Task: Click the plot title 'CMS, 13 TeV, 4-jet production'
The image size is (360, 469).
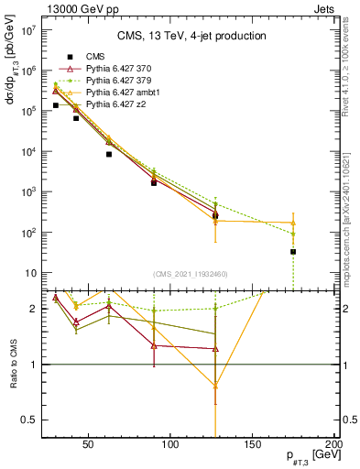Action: click(x=191, y=37)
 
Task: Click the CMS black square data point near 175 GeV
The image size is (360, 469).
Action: click(x=293, y=251)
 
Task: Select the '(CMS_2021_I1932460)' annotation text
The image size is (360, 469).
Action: click(x=191, y=274)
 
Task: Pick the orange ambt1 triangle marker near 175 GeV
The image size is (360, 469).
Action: click(x=293, y=223)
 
